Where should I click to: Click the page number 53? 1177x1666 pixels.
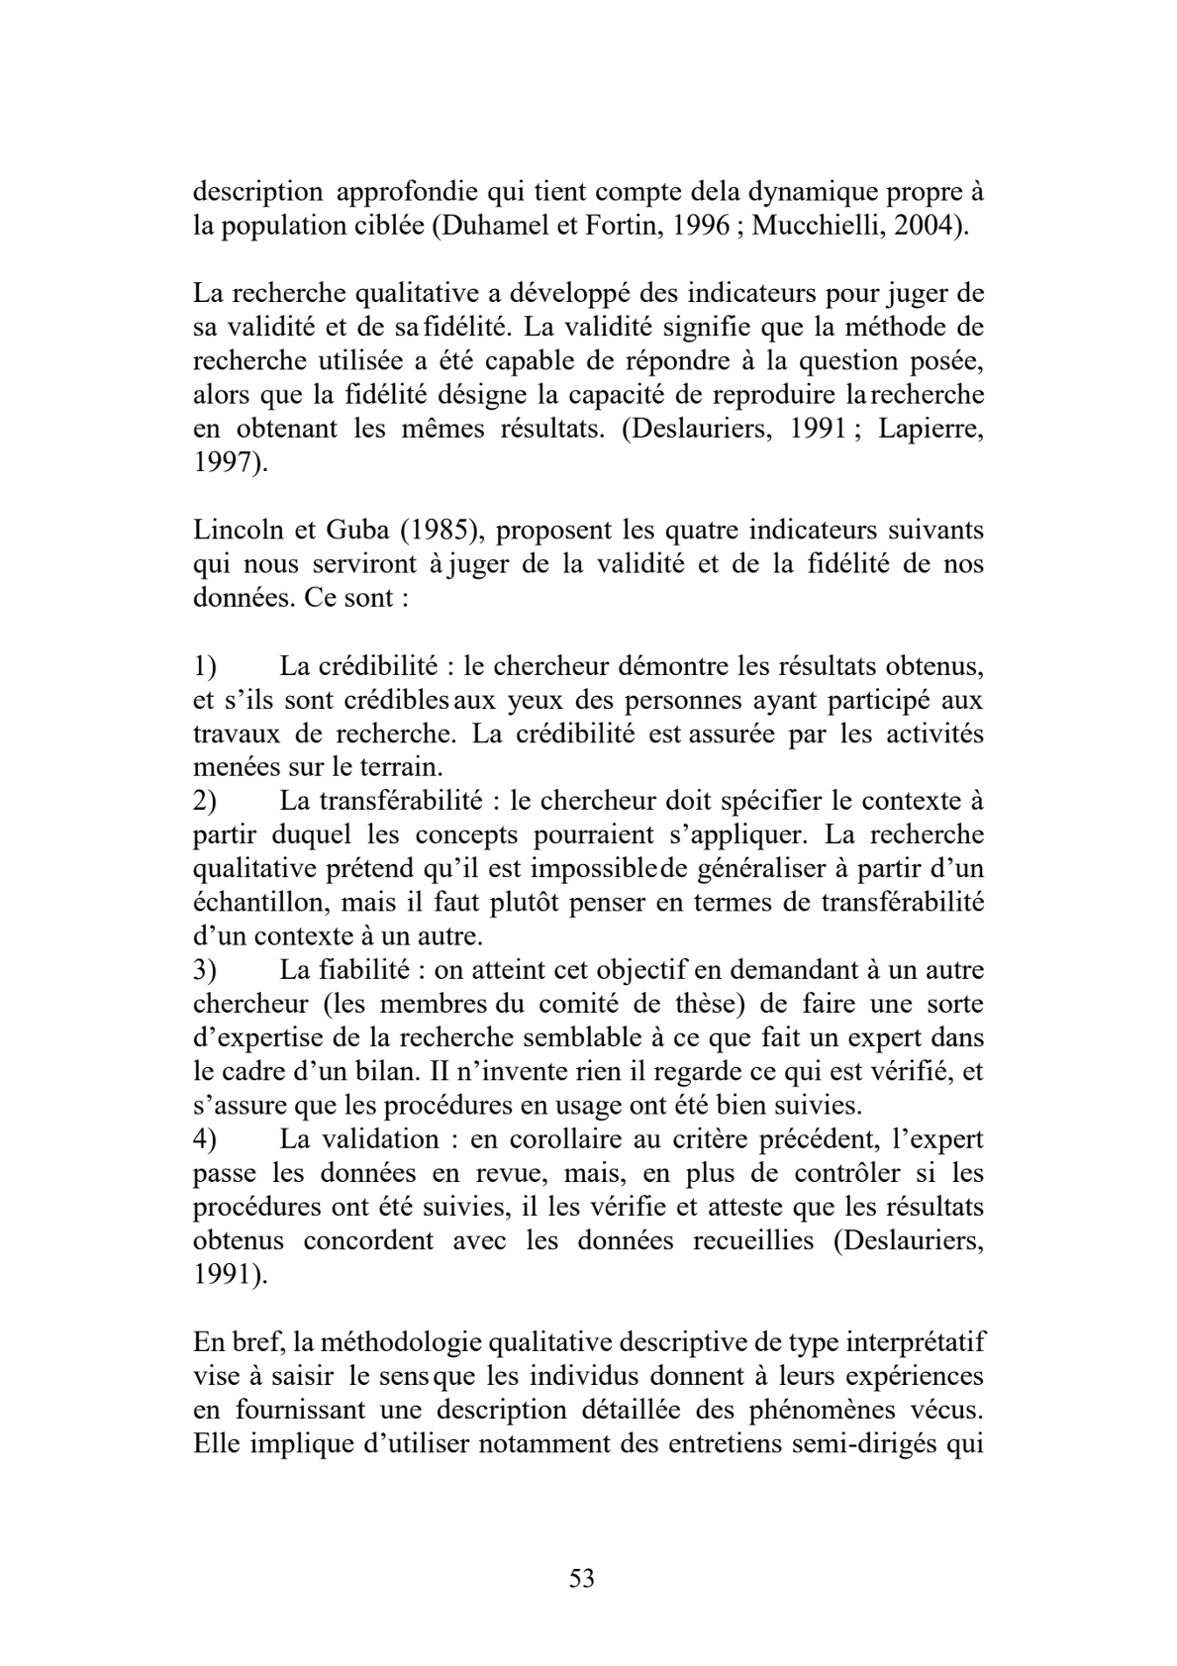click(582, 1578)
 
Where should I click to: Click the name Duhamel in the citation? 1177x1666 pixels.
click(491, 225)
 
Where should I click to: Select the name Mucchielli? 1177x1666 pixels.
click(814, 225)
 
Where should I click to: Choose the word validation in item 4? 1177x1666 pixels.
click(382, 1139)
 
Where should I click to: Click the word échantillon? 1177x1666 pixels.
click(248, 903)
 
